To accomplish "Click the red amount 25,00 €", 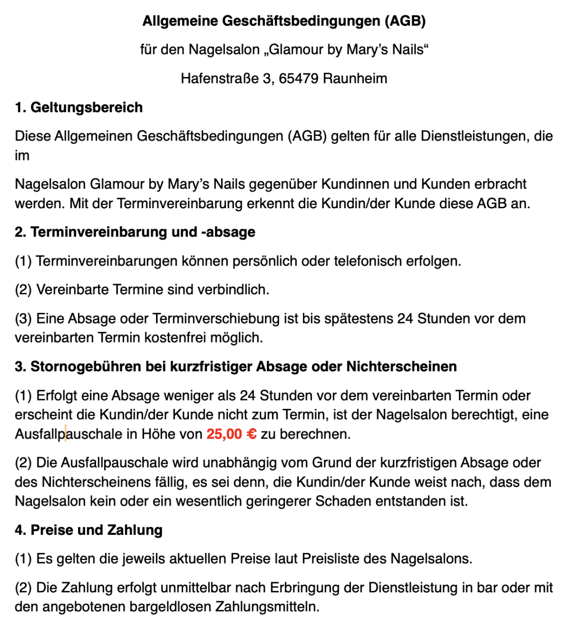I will click(231, 434).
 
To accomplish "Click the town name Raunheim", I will click(355, 78).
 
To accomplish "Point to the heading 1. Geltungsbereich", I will click(79, 107).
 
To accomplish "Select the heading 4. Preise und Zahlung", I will click(89, 530).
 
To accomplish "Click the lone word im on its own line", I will click(22, 155).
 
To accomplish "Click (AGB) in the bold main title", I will click(405, 21).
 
